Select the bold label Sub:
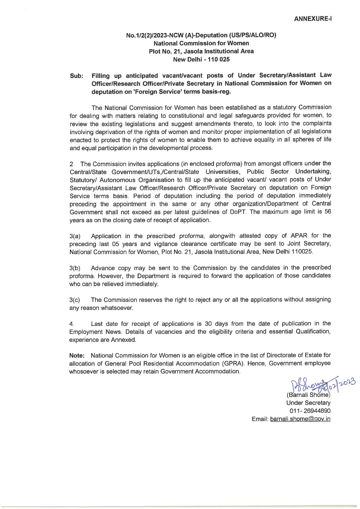tap(77, 76)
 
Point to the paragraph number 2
tap(71, 164)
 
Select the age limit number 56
tap(328, 212)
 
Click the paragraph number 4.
tap(72, 324)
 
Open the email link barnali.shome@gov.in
tap(300, 419)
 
